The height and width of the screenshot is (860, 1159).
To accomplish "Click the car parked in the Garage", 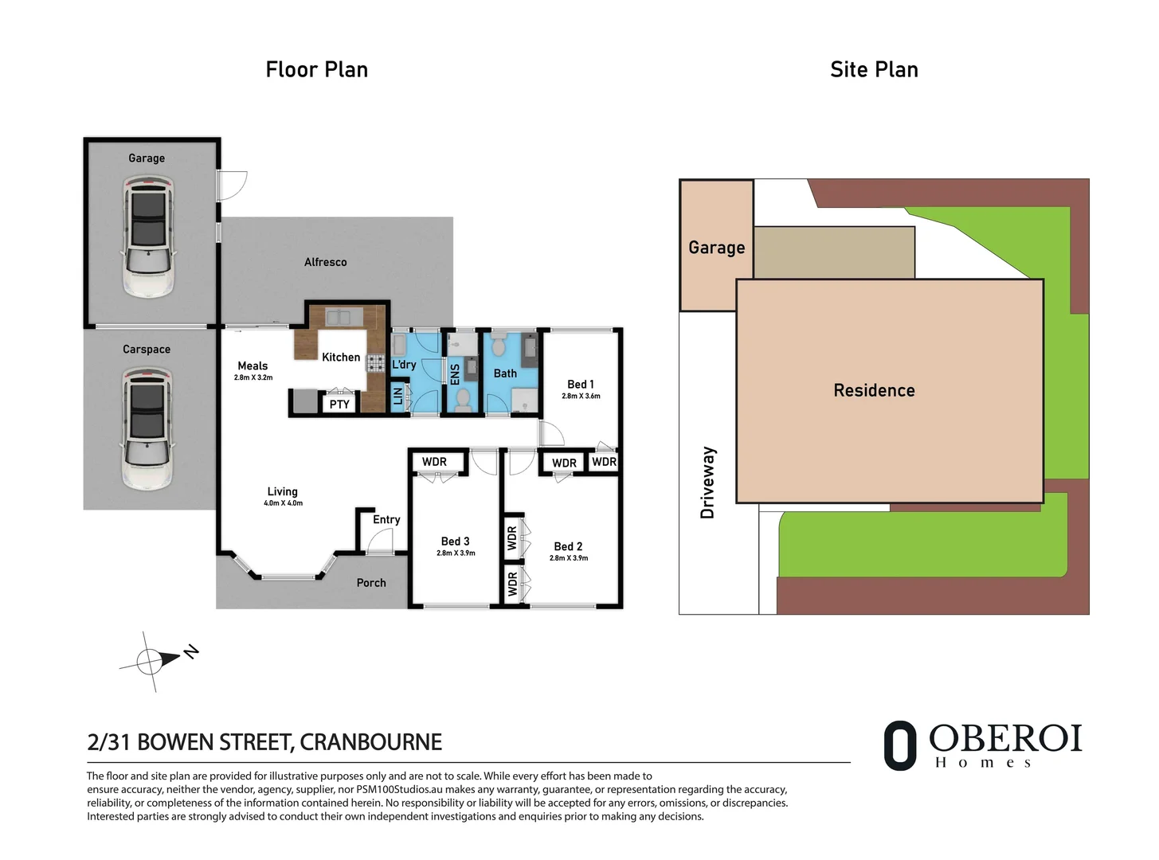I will coord(147,237).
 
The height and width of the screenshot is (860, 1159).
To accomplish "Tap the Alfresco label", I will coord(325,262).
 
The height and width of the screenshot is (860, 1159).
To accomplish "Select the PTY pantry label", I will coord(339,405).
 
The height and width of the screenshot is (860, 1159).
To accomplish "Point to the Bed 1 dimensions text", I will coord(581,396).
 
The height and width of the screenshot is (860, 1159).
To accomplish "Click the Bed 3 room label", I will coord(455,541).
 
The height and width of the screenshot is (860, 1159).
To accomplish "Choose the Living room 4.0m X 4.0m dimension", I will coord(283,503).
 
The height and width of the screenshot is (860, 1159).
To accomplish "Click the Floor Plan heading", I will coord(316,70).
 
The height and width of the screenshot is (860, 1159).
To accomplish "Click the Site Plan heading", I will coord(874,70).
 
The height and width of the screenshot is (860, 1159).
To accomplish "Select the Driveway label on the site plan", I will coord(707,483).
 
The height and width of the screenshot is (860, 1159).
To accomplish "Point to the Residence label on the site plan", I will coord(874,390).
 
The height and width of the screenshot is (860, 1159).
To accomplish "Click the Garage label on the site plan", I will coord(716,248).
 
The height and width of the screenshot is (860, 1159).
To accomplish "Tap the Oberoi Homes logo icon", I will coord(900,746).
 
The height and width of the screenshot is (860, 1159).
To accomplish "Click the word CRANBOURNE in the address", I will coord(370,742).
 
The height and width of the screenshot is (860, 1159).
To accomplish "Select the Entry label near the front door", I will coord(386,520).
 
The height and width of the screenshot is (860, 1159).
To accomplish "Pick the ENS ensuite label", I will coord(455,374).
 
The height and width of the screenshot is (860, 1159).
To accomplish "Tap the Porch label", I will coord(371,583).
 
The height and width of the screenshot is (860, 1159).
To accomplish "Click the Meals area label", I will coord(253,366).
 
